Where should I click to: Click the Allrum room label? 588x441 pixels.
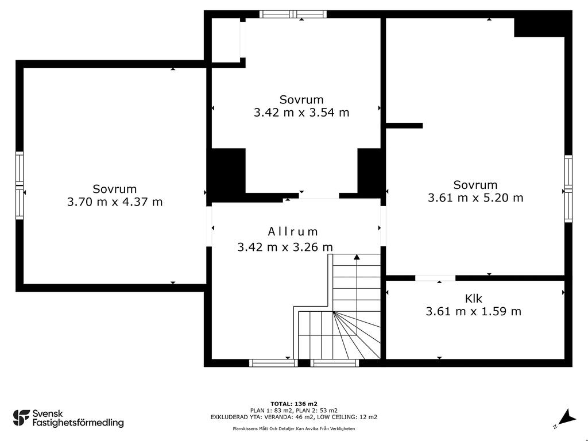coord(293,231)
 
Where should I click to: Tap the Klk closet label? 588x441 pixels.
coord(473,299)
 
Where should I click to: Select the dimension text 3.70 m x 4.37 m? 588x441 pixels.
coord(115,202)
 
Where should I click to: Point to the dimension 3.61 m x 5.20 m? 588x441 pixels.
coord(475,198)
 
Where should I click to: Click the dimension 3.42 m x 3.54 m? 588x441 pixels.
coord(301,113)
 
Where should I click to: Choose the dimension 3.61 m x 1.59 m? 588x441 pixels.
coord(473,311)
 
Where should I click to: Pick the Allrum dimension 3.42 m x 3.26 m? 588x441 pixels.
coord(285,247)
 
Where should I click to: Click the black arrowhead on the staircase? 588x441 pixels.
coord(357,257)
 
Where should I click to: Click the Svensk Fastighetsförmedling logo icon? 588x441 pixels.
coord(21,418)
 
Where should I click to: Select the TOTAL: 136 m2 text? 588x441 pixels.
coord(294,404)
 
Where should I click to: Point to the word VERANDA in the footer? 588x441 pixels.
coord(278,417)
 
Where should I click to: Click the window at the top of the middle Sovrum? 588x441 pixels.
coord(293,14)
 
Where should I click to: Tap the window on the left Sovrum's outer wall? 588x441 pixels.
coord(20,185)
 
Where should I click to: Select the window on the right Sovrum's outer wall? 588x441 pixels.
coord(568,188)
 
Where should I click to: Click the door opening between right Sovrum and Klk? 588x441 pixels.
coord(435,278)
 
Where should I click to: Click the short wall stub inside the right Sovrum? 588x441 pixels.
coord(404,126)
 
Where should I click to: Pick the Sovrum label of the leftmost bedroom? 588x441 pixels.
coord(115,189)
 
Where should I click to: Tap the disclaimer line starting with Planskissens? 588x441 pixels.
coord(294,428)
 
